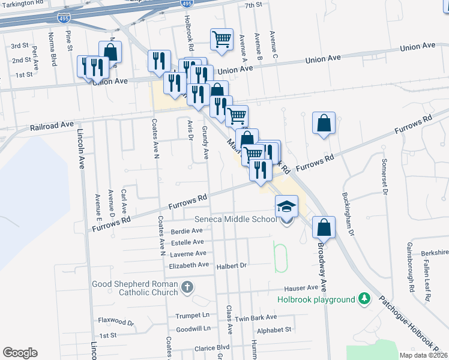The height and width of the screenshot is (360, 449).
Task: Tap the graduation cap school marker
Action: coord(286,207)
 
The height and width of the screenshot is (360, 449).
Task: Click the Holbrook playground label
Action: coord(316,299)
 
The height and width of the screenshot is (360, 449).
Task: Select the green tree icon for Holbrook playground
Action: coord(363,298)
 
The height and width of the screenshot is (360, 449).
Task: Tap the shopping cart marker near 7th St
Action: coord(221,40)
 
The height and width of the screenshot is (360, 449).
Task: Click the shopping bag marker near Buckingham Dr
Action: coord(324,124)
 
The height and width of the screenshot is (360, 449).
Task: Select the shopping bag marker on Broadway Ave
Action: coord(323,227)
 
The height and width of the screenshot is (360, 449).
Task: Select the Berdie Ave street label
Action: coord(187,230)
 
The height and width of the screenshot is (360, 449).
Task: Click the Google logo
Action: coord(20,353)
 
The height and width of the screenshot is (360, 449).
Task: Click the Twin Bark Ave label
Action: coord(256,317)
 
